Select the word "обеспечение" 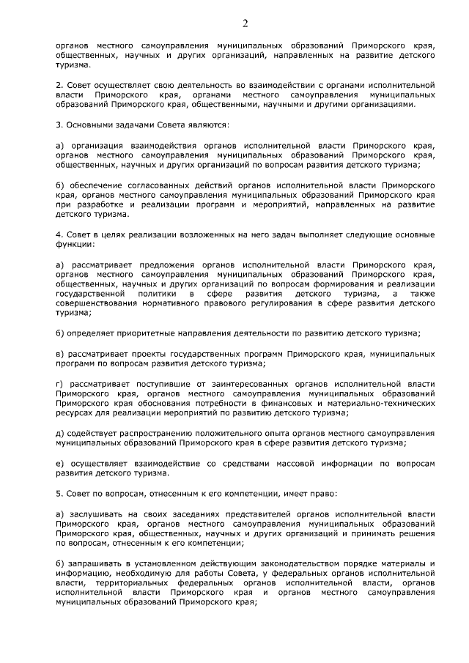pyautogui.click(x=95, y=187)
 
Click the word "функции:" pyautogui.click(x=75, y=248)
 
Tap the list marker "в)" pyautogui.click(x=59, y=354)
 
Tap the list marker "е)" pyautogui.click(x=59, y=464)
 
